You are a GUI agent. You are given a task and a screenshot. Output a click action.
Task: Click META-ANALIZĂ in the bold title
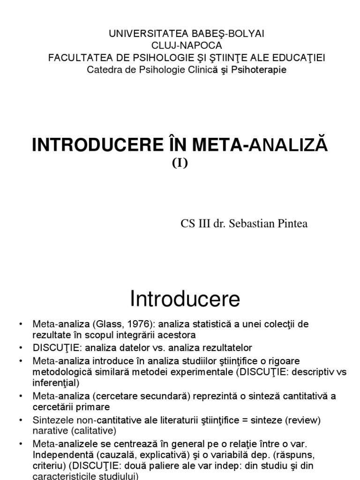point(254,145)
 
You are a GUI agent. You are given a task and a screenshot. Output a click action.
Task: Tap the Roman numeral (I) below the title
point(180,164)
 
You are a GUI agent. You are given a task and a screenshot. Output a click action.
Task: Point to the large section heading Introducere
point(185,298)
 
